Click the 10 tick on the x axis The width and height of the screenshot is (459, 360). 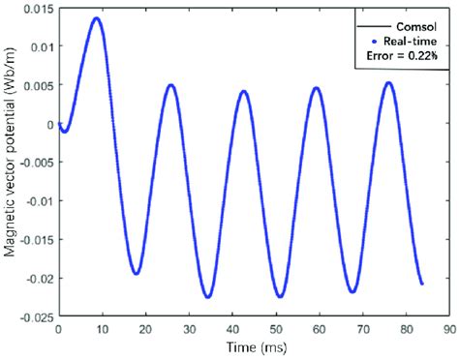coord(102,330)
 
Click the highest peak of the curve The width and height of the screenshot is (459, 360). coord(96,18)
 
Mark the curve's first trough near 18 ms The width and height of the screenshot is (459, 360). coord(137,274)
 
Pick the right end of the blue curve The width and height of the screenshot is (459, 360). coord(422,284)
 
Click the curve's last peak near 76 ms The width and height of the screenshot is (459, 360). coord(388,83)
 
